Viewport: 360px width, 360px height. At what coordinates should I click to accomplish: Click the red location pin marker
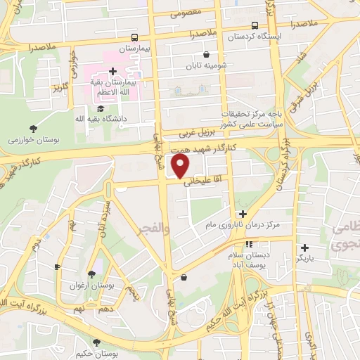[181, 166]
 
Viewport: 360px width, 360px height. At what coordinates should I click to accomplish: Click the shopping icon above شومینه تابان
[205, 55]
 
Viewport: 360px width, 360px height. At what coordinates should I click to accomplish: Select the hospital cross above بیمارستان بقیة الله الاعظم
[112, 71]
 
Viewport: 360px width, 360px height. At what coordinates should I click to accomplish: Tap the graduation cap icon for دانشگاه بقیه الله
[101, 108]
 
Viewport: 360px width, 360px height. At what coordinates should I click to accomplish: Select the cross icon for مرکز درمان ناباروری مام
[243, 214]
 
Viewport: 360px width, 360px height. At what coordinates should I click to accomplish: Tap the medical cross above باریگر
[304, 247]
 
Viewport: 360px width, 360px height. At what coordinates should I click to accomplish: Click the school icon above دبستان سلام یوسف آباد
[248, 244]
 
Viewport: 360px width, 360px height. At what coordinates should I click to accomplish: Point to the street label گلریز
[58, 87]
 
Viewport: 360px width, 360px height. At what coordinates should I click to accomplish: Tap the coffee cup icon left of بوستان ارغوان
[58, 266]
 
